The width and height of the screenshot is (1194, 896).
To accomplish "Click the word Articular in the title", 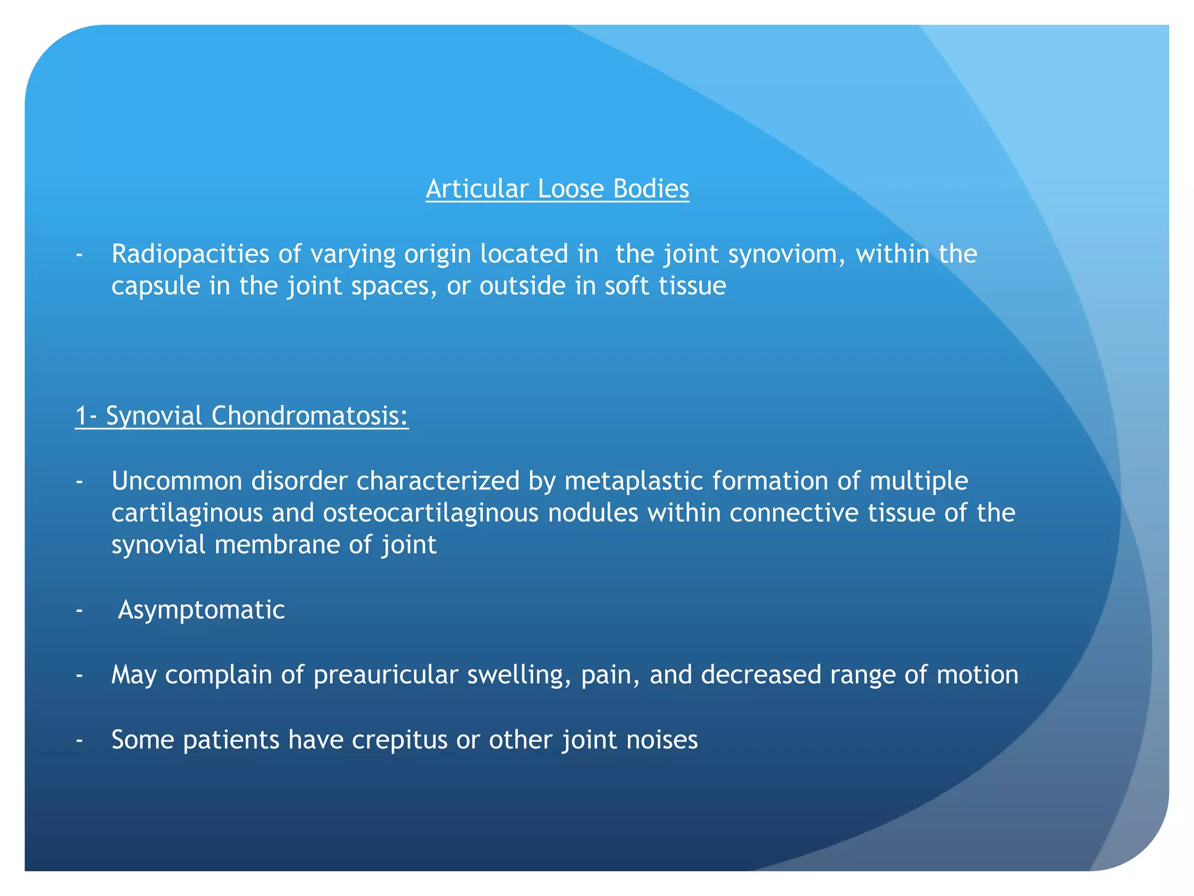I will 477,189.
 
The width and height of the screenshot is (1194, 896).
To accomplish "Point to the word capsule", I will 156,286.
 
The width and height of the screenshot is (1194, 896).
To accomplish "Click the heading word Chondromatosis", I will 310,416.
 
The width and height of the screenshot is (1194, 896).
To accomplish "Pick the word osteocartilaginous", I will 431,513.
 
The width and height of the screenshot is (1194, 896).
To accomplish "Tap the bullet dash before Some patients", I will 79,740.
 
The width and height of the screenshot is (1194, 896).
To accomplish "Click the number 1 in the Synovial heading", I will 81,416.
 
